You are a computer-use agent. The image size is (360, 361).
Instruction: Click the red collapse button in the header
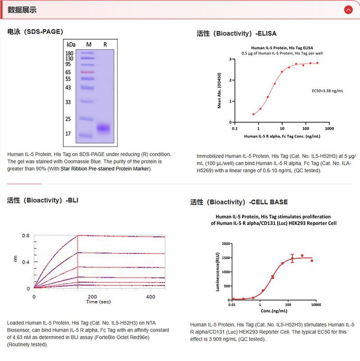click(348, 9)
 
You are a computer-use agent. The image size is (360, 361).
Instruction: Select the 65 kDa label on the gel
click(68, 72)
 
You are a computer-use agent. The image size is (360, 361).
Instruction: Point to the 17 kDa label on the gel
click(68, 134)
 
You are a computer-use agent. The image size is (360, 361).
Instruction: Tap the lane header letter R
click(105, 45)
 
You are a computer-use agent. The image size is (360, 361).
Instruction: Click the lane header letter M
click(89, 45)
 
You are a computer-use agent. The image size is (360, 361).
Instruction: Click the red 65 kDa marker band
click(87, 72)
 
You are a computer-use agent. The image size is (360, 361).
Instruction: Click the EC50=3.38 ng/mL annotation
click(328, 91)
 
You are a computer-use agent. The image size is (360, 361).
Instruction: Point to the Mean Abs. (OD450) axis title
click(220, 90)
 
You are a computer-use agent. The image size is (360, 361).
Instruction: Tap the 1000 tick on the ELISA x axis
click(329, 128)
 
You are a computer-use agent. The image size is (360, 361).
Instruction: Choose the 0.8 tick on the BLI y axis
click(26, 235)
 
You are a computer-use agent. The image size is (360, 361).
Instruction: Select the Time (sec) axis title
click(98, 302)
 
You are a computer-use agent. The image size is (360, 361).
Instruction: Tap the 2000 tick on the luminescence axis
click(225, 244)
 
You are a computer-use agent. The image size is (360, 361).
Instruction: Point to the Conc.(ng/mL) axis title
click(274, 311)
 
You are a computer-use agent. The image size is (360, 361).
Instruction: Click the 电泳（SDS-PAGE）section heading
click(35, 32)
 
